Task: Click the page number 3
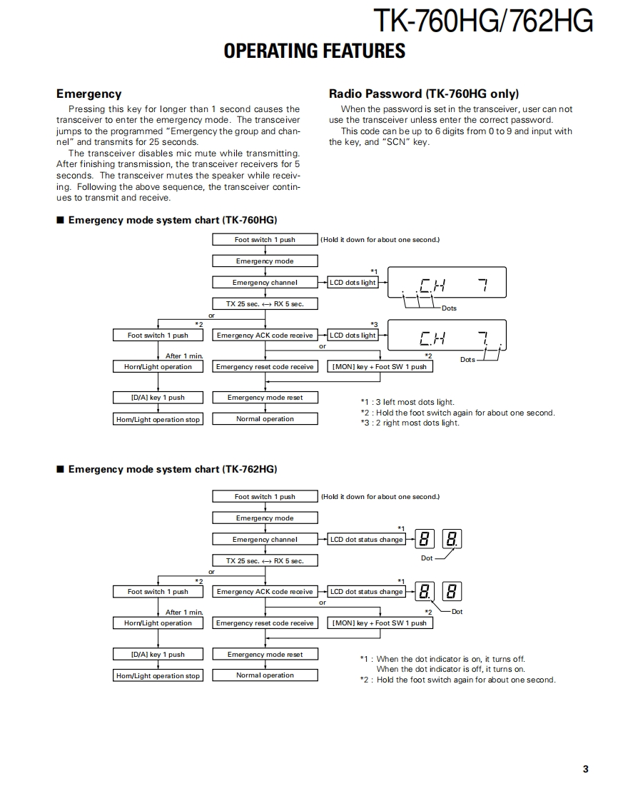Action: click(585, 769)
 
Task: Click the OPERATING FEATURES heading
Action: click(314, 51)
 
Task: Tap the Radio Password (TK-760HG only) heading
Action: click(423, 94)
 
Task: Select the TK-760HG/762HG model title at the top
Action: click(483, 21)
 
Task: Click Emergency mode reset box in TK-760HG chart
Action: click(265, 398)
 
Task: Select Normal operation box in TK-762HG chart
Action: click(265, 675)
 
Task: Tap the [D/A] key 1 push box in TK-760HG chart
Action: click(158, 398)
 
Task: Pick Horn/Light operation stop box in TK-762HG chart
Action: click(158, 675)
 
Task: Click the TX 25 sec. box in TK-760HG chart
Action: click(265, 303)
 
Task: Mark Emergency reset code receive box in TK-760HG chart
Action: click(265, 367)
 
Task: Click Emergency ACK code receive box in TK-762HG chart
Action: click(265, 592)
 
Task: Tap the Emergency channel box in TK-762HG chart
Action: click(265, 540)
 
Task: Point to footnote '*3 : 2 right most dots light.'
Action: click(410, 423)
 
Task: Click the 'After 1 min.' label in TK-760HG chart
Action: click(184, 356)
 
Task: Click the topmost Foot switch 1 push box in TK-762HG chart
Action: click(265, 497)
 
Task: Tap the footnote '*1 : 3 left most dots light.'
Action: click(407, 402)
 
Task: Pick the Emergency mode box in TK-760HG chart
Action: click(265, 261)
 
